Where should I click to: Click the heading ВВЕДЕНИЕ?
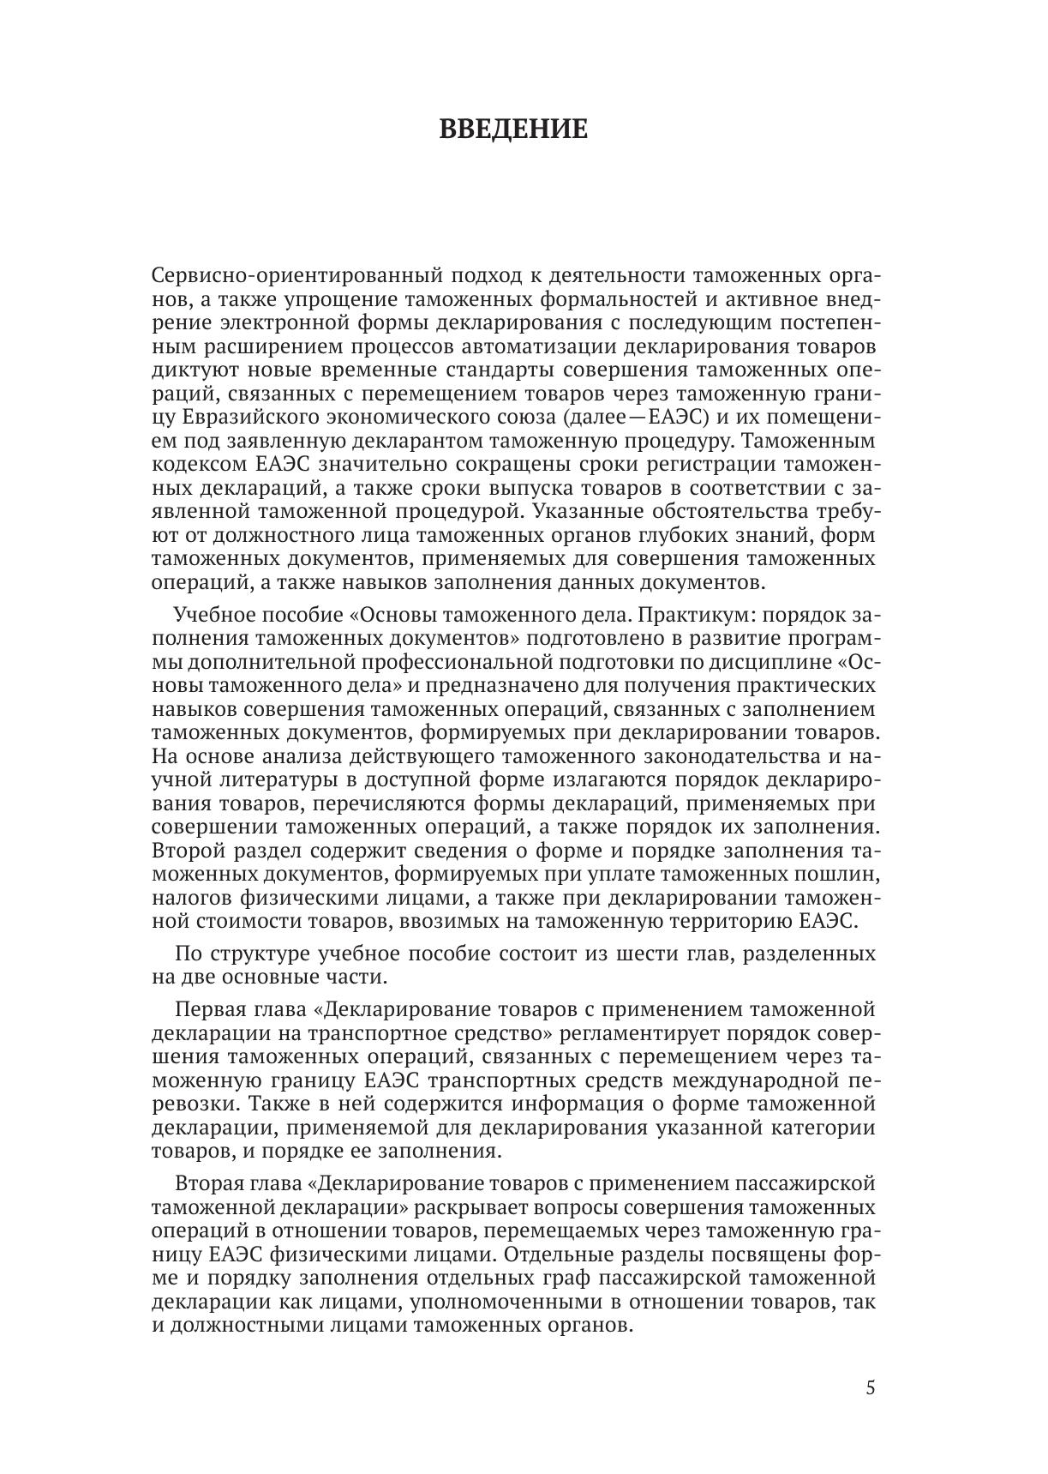[x=513, y=129]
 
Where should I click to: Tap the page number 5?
[x=871, y=1387]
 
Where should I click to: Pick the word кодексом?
[x=198, y=465]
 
